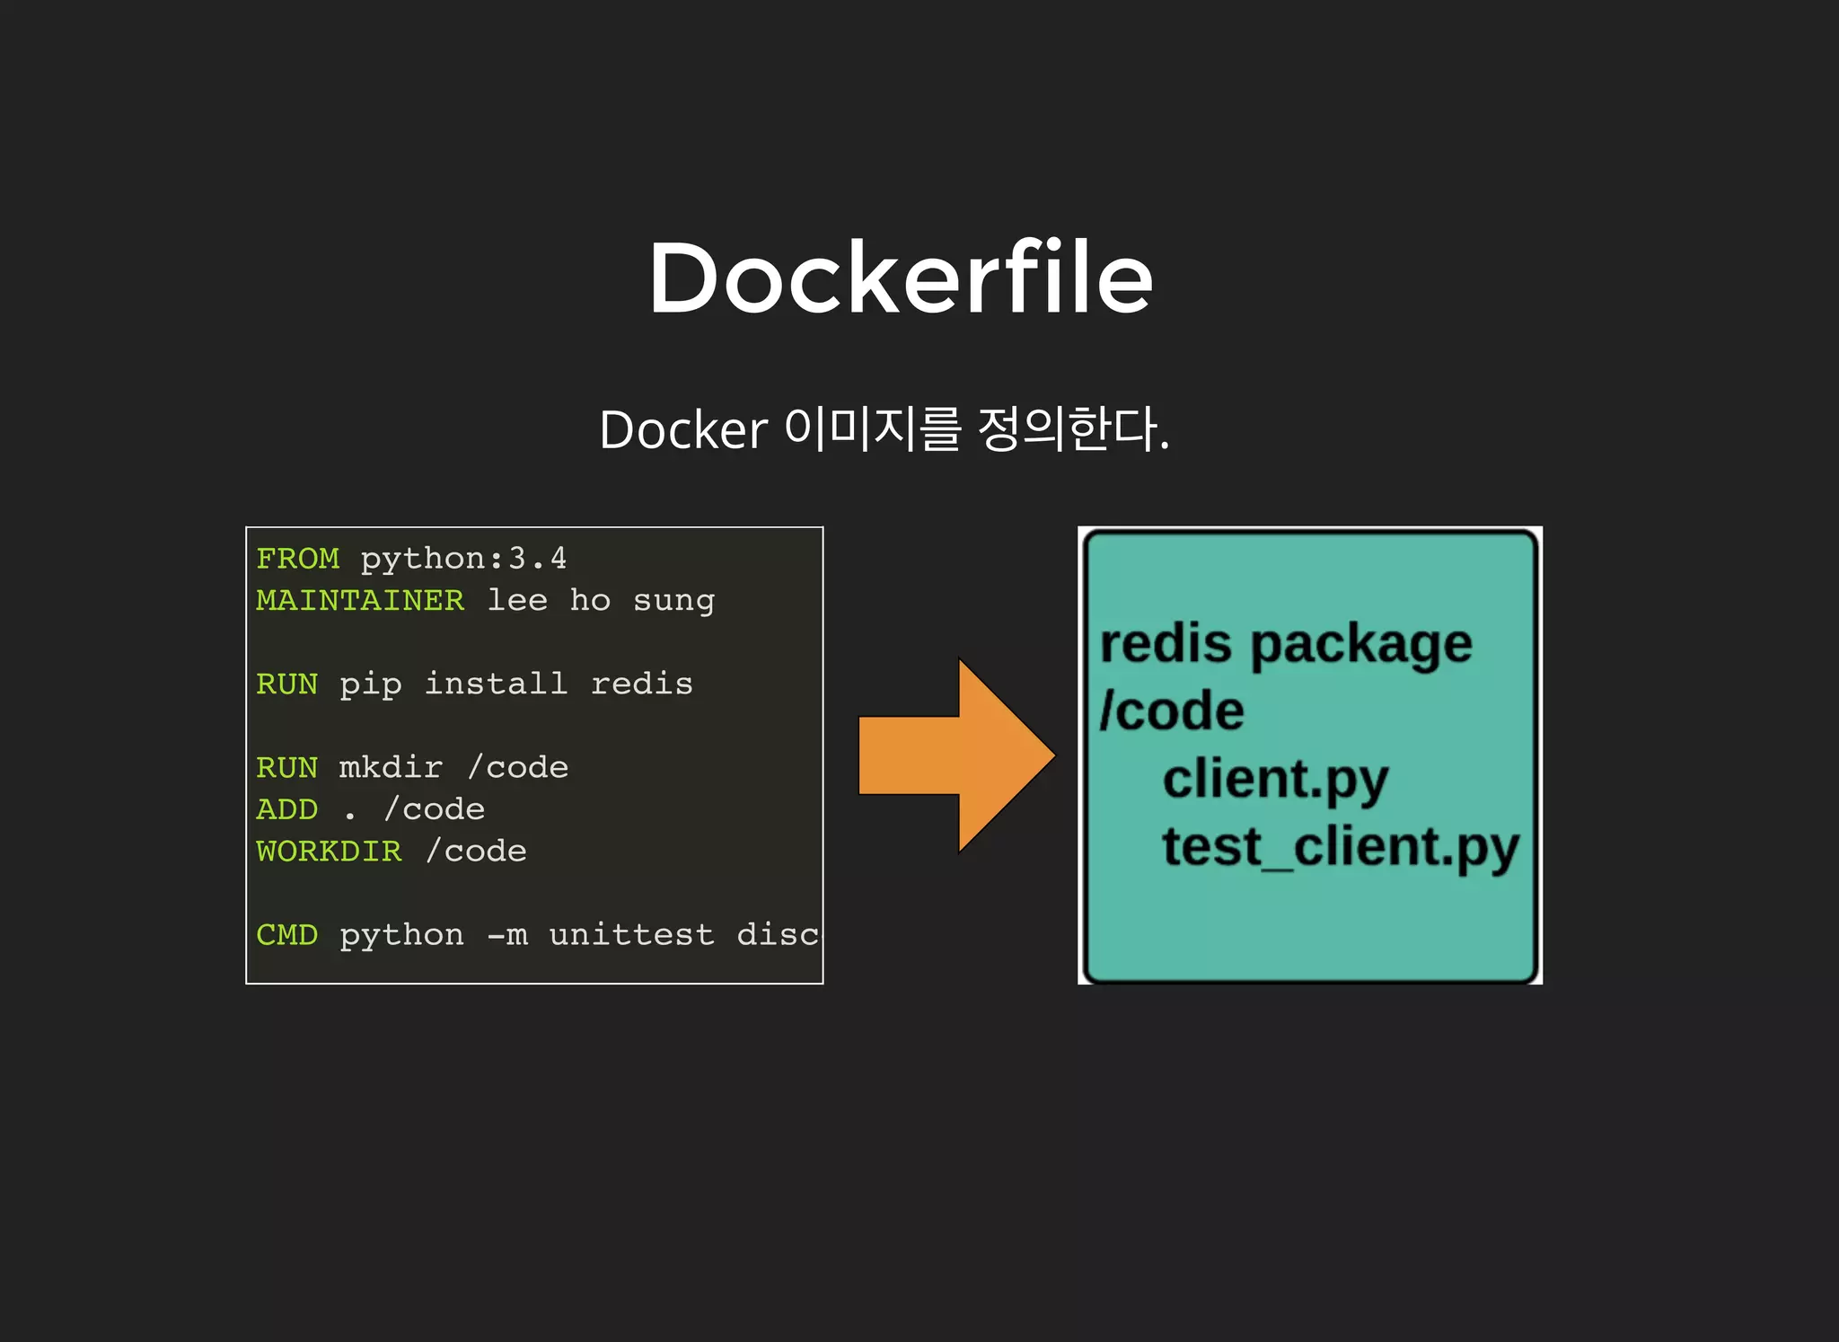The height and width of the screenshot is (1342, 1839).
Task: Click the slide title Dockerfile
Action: point(901,278)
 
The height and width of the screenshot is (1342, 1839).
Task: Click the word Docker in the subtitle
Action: point(682,430)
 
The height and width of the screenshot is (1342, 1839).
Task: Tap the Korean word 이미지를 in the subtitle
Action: point(873,428)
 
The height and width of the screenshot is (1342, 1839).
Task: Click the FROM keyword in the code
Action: point(297,559)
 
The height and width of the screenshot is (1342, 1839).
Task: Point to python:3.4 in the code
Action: point(463,559)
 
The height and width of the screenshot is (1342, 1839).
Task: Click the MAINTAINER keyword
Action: point(360,600)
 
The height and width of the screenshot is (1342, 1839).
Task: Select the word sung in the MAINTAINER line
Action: point(673,601)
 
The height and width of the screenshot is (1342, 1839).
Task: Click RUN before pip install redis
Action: point(286,684)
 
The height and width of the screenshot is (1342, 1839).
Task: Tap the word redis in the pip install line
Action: point(641,684)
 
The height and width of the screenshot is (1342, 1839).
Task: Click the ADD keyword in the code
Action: point(286,809)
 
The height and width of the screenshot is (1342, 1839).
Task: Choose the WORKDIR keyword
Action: point(329,851)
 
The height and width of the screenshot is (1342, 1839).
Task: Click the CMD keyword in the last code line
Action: point(286,934)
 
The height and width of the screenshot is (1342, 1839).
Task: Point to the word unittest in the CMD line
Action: point(631,934)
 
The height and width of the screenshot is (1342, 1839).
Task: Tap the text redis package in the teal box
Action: point(1286,645)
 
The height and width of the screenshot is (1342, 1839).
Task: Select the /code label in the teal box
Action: point(1172,711)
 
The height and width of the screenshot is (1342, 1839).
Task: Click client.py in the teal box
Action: point(1275,779)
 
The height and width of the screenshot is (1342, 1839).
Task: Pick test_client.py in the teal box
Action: point(1340,847)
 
